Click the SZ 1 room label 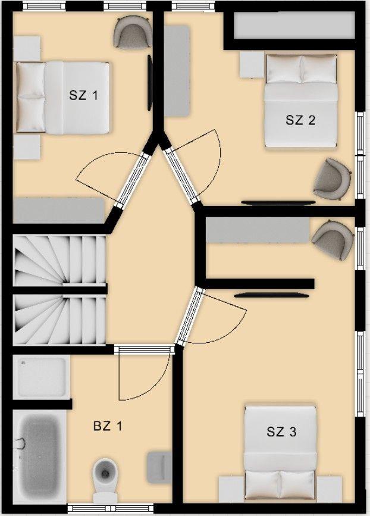tap(83, 95)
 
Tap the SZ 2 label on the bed tap(300, 120)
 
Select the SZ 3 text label tap(281, 431)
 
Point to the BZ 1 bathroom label tap(108, 426)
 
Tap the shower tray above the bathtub tap(42, 377)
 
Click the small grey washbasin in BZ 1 tap(159, 467)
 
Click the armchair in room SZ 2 tap(332, 179)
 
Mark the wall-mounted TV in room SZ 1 tap(150, 83)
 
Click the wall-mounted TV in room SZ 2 tap(278, 202)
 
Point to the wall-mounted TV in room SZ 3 tap(272, 295)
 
